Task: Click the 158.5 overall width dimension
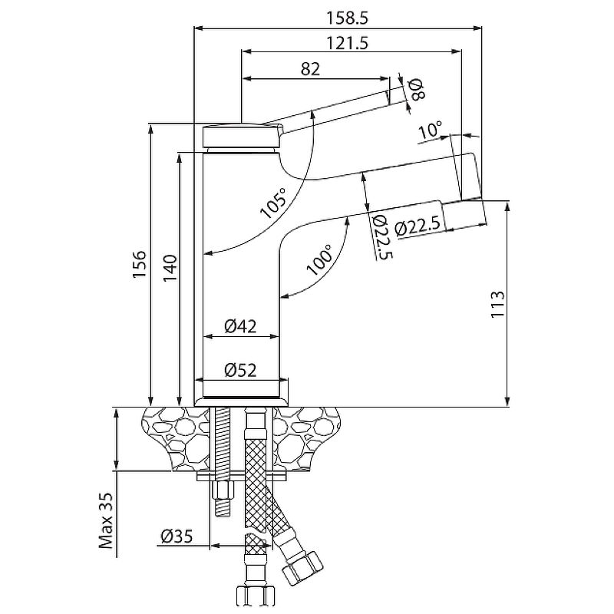pos(348,18)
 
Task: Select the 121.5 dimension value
pos(348,43)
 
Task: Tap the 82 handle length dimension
pos(311,69)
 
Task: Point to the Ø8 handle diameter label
pos(416,89)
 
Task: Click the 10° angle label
pos(430,130)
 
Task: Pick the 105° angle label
pos(274,203)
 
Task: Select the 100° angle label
pos(319,260)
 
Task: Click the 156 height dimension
pos(140,265)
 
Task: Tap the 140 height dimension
pos(170,268)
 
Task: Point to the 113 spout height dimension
pos(497,304)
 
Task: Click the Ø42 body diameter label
pos(240,325)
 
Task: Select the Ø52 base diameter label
pos(240,370)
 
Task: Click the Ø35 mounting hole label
pos(177,536)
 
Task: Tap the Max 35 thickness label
pos(106,520)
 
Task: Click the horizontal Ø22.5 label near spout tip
pos(418,226)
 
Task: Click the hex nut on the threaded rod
pos(223,490)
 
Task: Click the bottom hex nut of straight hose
pos(254,596)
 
